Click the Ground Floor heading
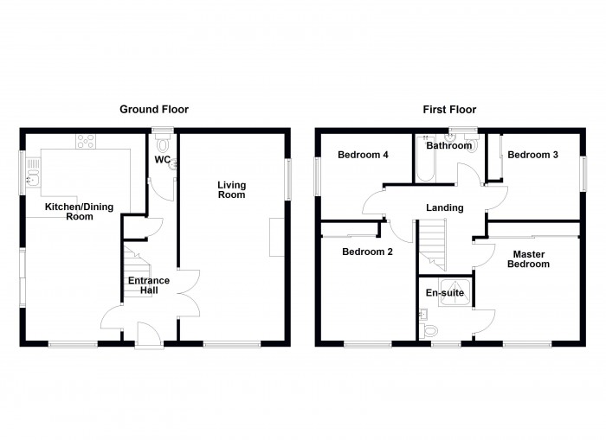(x=153, y=110)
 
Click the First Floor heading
(x=449, y=110)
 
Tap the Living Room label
(x=231, y=189)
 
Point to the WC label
(x=162, y=160)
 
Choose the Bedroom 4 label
(x=363, y=156)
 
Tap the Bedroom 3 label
(x=532, y=156)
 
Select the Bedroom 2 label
(x=368, y=252)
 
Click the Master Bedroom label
(x=530, y=259)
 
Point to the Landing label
(x=444, y=207)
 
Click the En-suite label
(x=444, y=294)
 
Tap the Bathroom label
(x=448, y=146)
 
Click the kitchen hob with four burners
(x=87, y=140)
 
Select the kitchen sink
(x=34, y=171)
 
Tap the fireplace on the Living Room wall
(x=276, y=237)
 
